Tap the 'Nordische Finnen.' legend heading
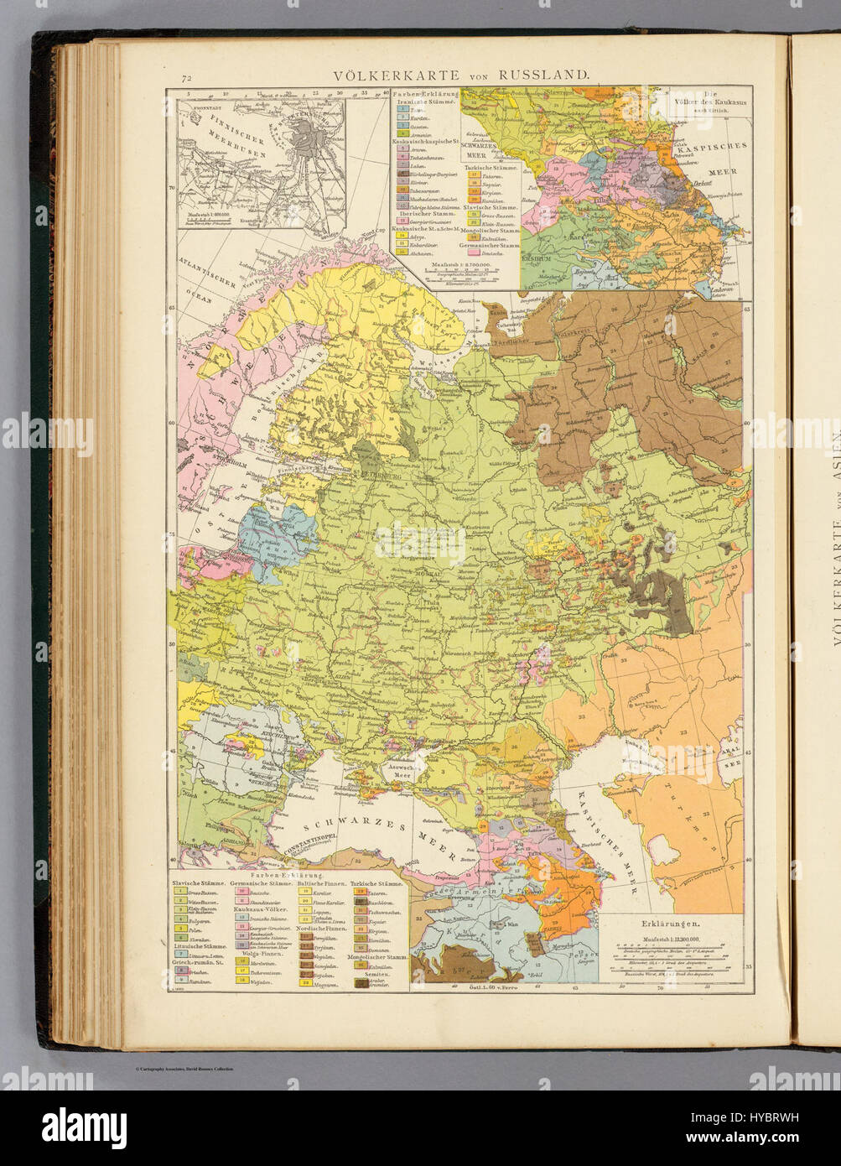(x=318, y=930)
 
